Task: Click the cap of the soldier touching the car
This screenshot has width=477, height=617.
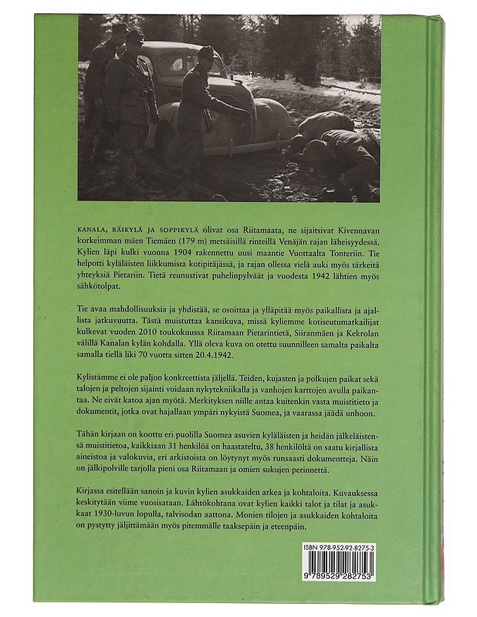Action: (x=206, y=53)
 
